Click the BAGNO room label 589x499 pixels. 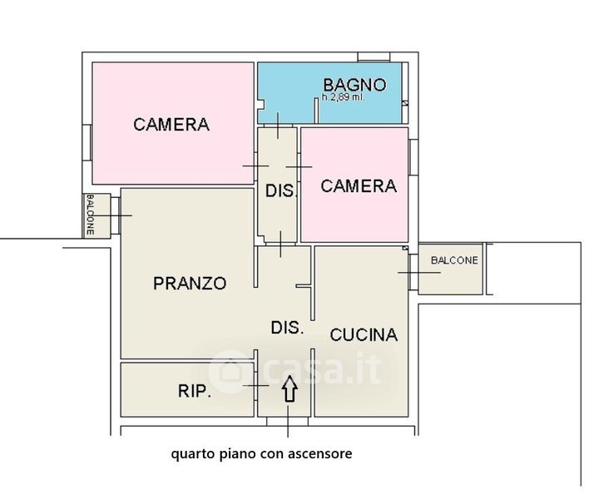(x=354, y=85)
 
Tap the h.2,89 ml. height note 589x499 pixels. (x=344, y=97)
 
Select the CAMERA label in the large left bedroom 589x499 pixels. (x=171, y=125)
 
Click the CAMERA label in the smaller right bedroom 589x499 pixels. (x=359, y=186)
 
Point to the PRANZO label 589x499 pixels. (x=190, y=283)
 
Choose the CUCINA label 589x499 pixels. (x=364, y=334)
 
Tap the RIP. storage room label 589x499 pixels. (x=194, y=391)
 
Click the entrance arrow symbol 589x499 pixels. (x=290, y=389)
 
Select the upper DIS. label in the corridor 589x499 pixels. (x=281, y=190)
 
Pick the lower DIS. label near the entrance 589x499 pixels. (x=287, y=328)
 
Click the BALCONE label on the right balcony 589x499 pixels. (x=454, y=260)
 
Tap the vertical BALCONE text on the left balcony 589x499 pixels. (x=90, y=215)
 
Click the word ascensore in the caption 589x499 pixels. (x=320, y=453)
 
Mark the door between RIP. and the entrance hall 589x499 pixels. (x=255, y=386)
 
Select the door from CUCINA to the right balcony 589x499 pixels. (x=413, y=272)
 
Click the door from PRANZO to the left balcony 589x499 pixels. (x=115, y=215)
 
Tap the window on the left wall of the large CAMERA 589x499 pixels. (x=87, y=143)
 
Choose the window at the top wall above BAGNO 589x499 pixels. (x=374, y=57)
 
